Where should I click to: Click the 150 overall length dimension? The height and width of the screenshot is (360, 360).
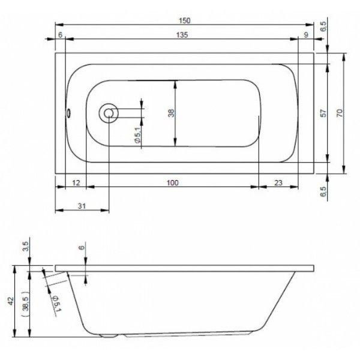pyautogui.click(x=185, y=20)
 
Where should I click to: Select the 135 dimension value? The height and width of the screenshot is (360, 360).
pyautogui.click(x=182, y=35)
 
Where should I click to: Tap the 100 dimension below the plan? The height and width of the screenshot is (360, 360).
pyautogui.click(x=172, y=183)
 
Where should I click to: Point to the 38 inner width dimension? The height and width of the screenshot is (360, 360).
pyautogui.click(x=172, y=113)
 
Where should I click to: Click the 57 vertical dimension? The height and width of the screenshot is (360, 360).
pyautogui.click(x=323, y=113)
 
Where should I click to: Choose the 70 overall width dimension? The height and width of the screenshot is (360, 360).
pyautogui.click(x=340, y=113)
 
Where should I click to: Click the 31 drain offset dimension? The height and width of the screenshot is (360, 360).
pyautogui.click(x=82, y=206)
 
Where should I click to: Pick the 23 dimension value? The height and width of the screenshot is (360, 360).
pyautogui.click(x=278, y=183)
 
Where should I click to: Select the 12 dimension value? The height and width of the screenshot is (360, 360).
pyautogui.click(x=76, y=183)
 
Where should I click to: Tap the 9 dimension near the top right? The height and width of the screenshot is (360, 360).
pyautogui.click(x=306, y=35)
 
